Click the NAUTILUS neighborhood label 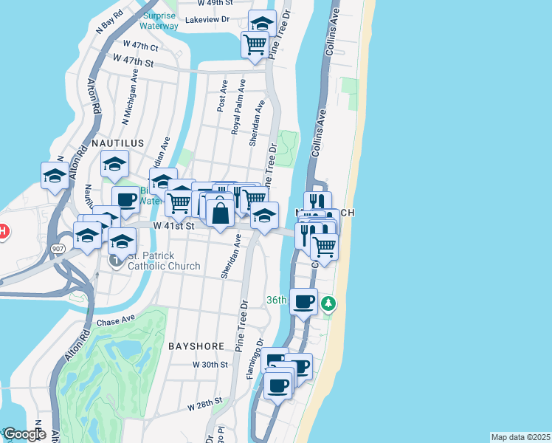pos(118,142)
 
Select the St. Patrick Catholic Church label pos(164,261)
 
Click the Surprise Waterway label pos(159,21)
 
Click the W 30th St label pos(211,365)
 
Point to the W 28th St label pos(204,404)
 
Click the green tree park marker pos(330,303)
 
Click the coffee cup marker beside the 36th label pos(303,301)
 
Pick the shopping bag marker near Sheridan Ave pos(220,214)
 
